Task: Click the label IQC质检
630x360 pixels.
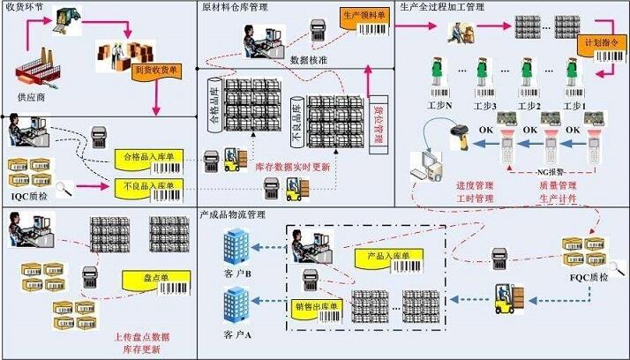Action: [30, 189]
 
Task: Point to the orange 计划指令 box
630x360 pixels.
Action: [598, 42]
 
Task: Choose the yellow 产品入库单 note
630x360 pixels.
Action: [363, 255]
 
